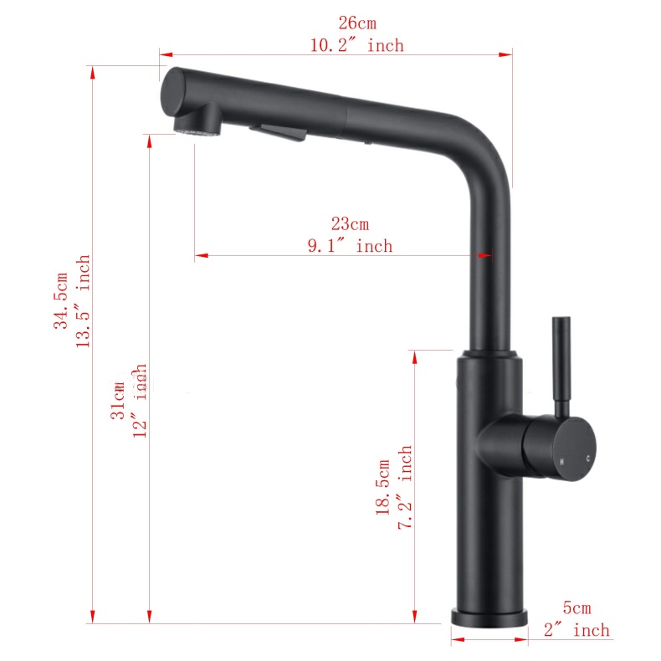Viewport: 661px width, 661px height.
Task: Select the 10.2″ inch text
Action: [356, 45]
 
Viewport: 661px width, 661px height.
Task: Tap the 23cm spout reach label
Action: [350, 224]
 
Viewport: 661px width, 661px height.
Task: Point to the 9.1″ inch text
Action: [350, 246]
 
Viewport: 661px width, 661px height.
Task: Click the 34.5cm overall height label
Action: [62, 302]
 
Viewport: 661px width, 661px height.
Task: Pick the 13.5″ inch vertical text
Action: [84, 302]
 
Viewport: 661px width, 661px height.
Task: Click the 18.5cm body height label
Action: [383, 486]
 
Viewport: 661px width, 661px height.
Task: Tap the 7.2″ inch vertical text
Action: [405, 486]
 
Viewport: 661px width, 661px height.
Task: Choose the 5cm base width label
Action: [576, 609]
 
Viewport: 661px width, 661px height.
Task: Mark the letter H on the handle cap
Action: [562, 461]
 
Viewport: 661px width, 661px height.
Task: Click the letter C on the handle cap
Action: [588, 459]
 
